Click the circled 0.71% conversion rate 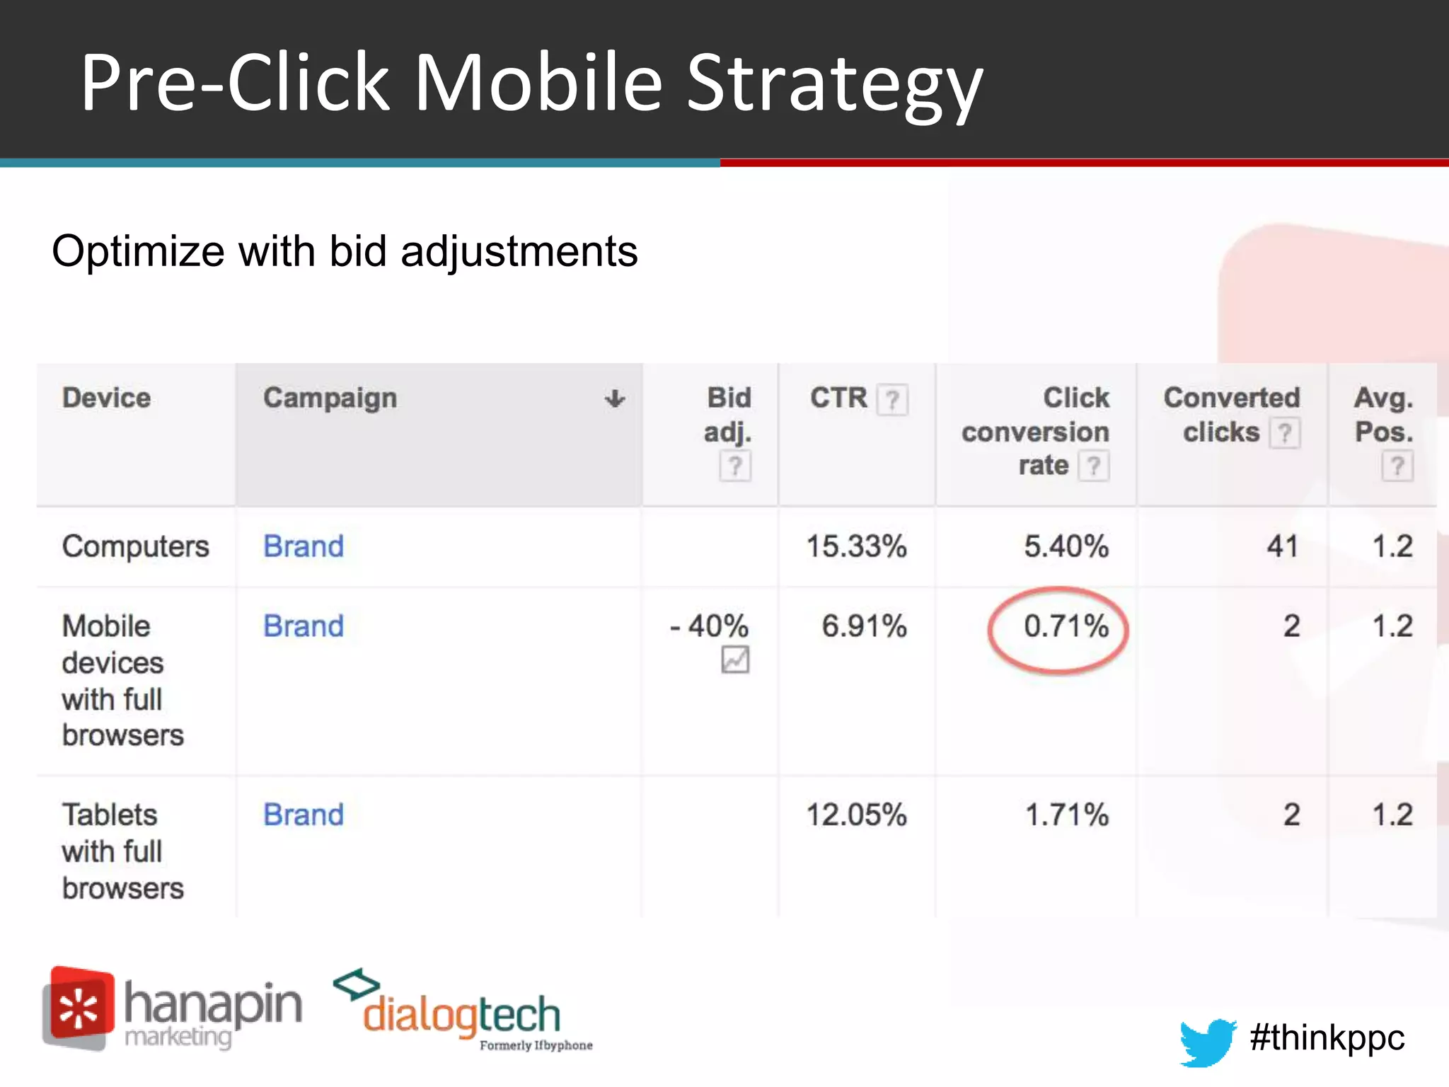point(1065,626)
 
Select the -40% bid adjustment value point(709,626)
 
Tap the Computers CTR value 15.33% point(856,546)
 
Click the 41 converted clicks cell point(1282,546)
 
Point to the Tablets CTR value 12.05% point(856,815)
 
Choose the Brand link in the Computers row point(304,546)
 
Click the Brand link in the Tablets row point(304,815)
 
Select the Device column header point(106,398)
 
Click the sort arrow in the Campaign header point(614,399)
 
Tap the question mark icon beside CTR point(892,400)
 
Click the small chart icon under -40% point(735,660)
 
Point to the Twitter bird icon point(1207,1041)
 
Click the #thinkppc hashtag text point(1327,1038)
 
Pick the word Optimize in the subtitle point(138,251)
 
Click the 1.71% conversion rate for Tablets point(1066,815)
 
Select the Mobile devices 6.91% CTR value point(864,626)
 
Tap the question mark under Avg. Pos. point(1397,466)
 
